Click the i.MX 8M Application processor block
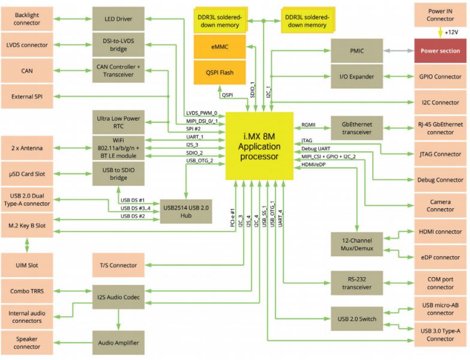click(259, 146)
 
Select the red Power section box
click(440, 51)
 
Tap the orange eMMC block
click(220, 47)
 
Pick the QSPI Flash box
click(220, 73)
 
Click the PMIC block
click(357, 51)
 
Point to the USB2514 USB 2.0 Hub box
click(186, 211)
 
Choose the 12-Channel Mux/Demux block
click(357, 244)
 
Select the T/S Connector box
click(118, 265)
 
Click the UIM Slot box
click(27, 265)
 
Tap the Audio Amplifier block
click(118, 343)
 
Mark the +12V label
click(451, 32)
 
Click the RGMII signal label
click(309, 125)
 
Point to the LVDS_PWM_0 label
click(202, 113)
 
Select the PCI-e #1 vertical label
click(233, 217)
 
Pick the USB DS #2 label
click(133, 216)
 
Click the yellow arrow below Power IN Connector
click(440, 32)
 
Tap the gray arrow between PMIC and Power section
click(399, 51)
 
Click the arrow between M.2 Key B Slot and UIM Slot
click(27, 245)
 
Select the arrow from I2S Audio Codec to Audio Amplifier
click(118, 320)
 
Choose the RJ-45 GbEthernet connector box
click(440, 128)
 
